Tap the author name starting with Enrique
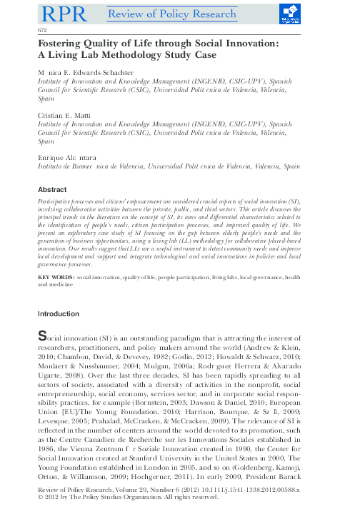point(69,156)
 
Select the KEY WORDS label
point(56,275)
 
